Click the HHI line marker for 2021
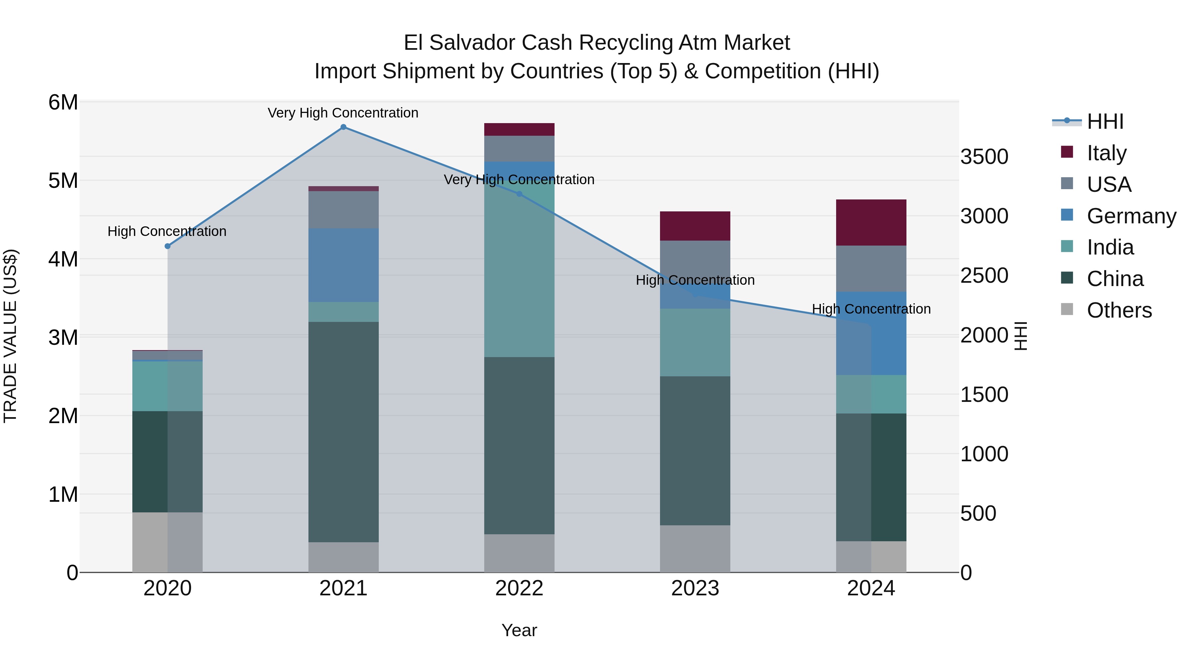(x=343, y=127)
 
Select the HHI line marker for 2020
(x=168, y=246)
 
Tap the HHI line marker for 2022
(x=519, y=194)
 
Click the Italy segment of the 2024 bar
(x=871, y=223)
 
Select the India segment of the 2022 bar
(x=519, y=269)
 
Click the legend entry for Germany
(x=1131, y=216)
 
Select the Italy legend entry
(x=1106, y=153)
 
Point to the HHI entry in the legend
(x=1105, y=121)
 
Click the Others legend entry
(x=1119, y=310)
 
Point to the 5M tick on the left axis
(x=63, y=181)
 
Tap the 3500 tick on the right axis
(x=984, y=157)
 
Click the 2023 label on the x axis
(x=695, y=588)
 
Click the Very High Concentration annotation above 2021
(x=343, y=113)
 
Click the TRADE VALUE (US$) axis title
(x=10, y=336)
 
